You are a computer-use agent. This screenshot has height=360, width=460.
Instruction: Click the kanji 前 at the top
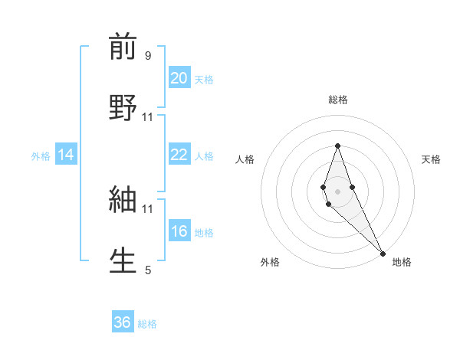click(123, 47)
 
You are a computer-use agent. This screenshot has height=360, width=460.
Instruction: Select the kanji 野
click(123, 106)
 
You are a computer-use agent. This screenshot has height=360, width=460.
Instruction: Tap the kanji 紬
click(123, 200)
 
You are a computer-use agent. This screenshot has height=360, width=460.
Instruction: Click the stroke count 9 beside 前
click(148, 56)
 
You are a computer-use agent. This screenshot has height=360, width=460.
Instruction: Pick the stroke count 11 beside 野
click(148, 116)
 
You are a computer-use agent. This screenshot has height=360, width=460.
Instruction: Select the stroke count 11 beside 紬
click(148, 208)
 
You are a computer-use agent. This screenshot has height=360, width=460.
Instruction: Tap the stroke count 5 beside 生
click(148, 270)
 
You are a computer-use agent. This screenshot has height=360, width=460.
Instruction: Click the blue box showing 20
click(179, 78)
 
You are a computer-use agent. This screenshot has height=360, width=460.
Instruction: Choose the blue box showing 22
click(179, 155)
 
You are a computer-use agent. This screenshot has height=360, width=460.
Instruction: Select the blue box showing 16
click(179, 231)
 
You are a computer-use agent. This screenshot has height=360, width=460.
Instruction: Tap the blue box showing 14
click(66, 155)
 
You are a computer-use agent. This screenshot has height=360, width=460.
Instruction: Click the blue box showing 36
click(123, 322)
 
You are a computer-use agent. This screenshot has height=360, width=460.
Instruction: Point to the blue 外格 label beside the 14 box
click(41, 155)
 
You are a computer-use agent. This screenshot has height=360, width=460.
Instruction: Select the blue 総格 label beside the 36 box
click(147, 323)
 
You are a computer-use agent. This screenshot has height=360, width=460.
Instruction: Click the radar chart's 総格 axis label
click(337, 100)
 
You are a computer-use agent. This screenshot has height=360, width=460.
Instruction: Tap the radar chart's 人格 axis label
click(245, 159)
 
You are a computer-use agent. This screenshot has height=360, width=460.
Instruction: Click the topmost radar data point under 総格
click(337, 146)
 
